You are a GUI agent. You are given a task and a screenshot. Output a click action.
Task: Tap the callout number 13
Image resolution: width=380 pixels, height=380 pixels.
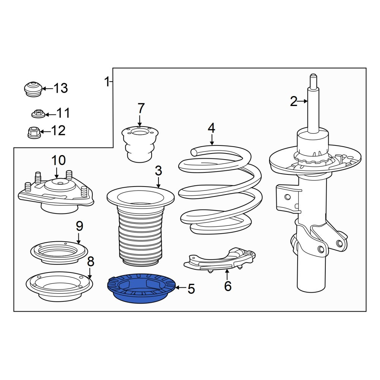(x=60, y=88)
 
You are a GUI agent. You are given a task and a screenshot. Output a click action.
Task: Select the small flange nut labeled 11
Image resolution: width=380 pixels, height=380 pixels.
(x=38, y=114)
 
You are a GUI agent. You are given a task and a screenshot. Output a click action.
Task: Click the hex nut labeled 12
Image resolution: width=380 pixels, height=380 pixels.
(x=34, y=133)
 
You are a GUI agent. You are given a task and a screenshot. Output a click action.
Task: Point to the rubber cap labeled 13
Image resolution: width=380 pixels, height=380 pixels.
(x=33, y=89)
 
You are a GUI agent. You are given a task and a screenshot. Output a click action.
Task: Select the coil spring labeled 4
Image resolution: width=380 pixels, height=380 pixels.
(x=220, y=190)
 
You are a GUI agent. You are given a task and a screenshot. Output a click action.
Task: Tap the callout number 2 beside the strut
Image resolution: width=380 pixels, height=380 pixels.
(x=293, y=101)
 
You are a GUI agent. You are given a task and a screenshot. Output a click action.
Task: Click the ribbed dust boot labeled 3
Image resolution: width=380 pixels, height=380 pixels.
(x=141, y=226)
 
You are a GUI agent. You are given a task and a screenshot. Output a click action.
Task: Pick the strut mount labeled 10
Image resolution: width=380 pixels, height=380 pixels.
(x=56, y=193)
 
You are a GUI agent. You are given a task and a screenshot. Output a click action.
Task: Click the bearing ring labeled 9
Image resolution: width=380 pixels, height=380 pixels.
(x=59, y=253)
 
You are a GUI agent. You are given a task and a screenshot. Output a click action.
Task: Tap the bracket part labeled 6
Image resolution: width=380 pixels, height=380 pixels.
(x=220, y=260)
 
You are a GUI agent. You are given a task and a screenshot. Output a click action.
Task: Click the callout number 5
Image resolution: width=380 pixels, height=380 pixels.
(x=191, y=289)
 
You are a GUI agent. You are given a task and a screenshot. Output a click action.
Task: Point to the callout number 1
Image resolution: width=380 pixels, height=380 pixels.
(x=107, y=82)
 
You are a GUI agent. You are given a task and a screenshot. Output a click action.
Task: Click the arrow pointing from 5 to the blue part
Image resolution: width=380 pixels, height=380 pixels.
(x=181, y=288)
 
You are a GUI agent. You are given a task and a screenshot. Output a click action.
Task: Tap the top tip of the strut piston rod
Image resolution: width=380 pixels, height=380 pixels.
(x=313, y=74)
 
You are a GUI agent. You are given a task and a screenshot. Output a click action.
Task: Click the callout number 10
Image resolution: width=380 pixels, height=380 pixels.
(x=59, y=160)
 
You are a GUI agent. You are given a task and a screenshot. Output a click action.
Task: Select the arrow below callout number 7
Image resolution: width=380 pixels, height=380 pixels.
(x=140, y=120)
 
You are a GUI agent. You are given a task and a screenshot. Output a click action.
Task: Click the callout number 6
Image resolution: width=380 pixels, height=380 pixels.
(x=228, y=286)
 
